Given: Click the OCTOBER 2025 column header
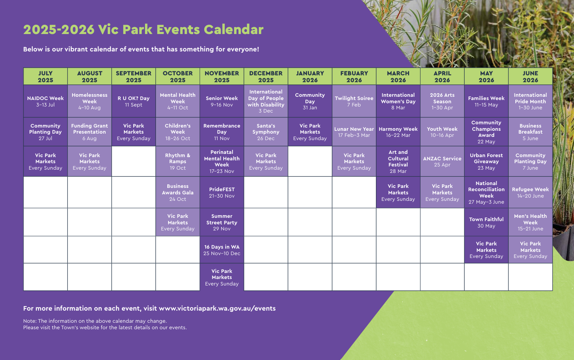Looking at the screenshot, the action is coord(177,77).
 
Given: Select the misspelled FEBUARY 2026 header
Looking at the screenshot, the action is coord(354,77).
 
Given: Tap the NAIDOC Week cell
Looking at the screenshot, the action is coord(45,101).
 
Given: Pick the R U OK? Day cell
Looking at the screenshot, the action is coord(134,101).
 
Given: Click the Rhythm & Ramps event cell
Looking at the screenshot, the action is coord(177,162).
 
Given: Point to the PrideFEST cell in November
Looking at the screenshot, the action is coord(222,192).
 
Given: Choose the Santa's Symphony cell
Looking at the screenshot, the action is coord(266,132).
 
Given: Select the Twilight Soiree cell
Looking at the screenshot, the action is coord(354,101).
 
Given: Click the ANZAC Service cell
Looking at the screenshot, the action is coord(442,162).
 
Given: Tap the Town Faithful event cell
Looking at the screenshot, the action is coord(486,222).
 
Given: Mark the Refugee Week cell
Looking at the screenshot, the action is coord(530,192).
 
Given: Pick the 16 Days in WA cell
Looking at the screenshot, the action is coord(222,250).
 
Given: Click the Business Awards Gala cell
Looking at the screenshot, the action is coord(177,192).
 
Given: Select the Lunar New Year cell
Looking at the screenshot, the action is coord(354,132).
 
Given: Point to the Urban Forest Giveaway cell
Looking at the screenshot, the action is coord(486,162).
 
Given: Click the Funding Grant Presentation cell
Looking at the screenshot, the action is coord(90,132).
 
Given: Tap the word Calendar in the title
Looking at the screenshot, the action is coord(233,30).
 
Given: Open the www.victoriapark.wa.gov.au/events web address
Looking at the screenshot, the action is coord(217,308).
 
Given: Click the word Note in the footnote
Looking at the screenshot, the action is coord(29,321).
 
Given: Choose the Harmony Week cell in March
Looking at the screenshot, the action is coord(398,132).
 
